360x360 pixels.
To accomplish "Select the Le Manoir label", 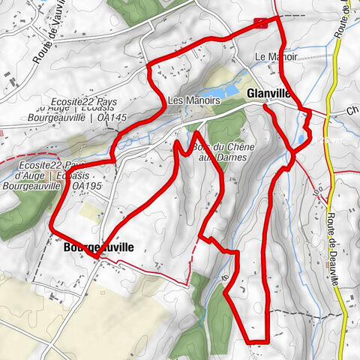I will pos(276,57).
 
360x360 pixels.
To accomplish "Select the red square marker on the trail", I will pos(260,22).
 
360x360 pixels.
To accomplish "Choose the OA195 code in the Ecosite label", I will pos(86,186).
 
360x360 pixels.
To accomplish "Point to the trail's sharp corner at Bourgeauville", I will pos(95,256).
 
